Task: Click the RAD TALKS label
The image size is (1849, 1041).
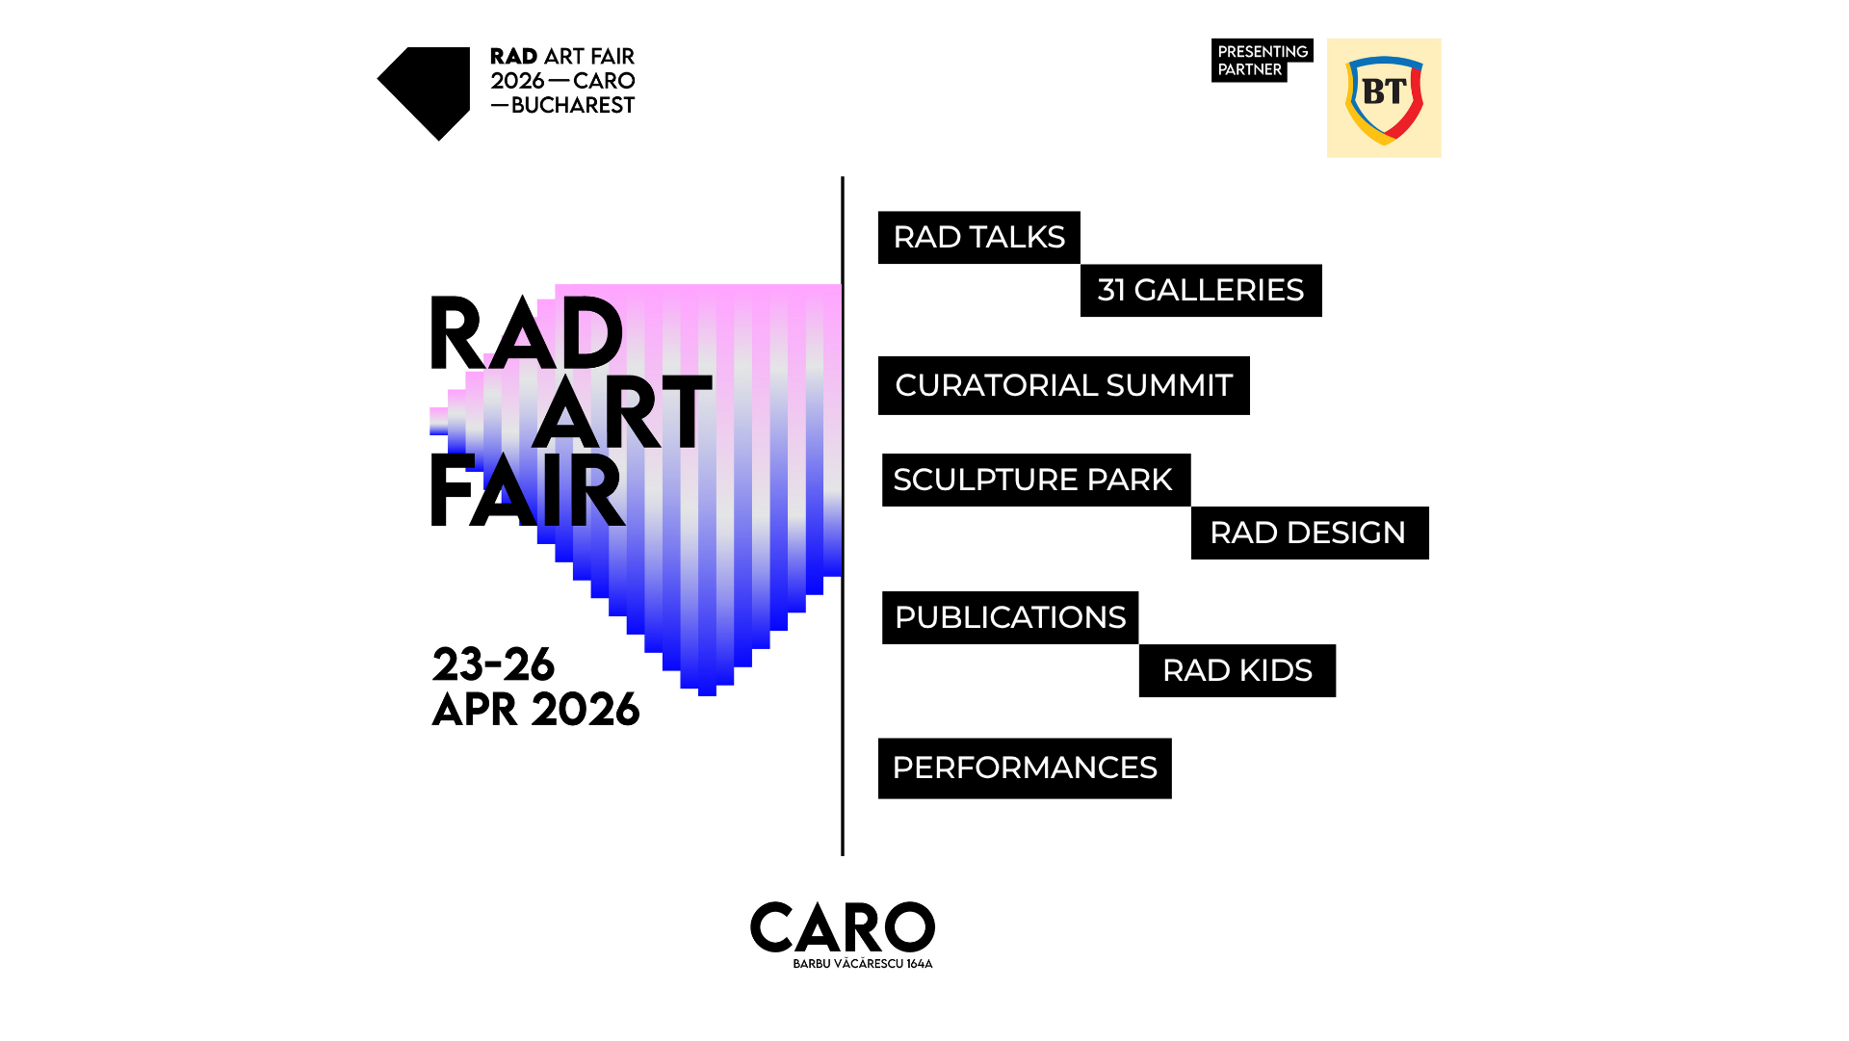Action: [978, 237]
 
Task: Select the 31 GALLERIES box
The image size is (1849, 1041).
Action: [1201, 290]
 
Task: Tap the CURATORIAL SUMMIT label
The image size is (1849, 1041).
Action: [1063, 385]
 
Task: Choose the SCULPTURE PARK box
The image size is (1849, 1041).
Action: [1036, 480]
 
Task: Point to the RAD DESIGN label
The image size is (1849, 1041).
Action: [1310, 533]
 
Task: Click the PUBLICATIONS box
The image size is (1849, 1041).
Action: [1010, 617]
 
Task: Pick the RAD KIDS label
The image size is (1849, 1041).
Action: [1237, 670]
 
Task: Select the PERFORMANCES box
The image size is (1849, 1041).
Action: [1025, 768]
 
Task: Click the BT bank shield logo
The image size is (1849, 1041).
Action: [1384, 98]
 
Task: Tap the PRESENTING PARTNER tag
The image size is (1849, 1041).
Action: [1262, 60]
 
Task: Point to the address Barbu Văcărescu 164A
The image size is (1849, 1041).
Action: [863, 963]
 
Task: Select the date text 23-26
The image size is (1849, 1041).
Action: [493, 664]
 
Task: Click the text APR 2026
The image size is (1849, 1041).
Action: [535, 710]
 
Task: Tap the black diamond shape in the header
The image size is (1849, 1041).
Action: [424, 93]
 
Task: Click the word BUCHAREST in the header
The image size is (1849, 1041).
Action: [573, 105]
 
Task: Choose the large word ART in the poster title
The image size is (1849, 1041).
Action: [622, 413]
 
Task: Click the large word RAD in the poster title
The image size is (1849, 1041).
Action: [526, 333]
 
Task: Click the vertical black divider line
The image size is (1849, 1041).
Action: [843, 516]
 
